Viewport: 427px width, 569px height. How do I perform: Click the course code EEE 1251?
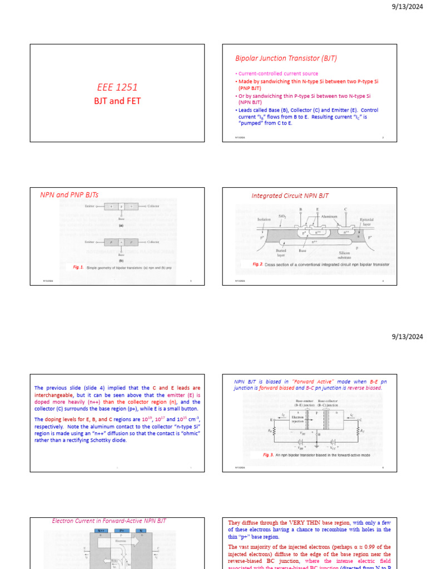tap(117, 87)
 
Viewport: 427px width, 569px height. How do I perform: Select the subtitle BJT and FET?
tap(117, 101)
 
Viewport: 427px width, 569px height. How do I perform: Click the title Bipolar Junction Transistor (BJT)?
tap(286, 58)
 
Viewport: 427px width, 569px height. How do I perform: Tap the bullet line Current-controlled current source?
tap(278, 73)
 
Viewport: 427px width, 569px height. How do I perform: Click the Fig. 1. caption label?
tap(78, 267)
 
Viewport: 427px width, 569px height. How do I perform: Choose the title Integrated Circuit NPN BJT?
tap(290, 196)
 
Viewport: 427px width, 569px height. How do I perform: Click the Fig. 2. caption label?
tap(257, 264)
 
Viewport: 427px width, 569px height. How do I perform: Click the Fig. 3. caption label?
tap(269, 455)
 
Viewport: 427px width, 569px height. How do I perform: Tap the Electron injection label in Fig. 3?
tap(297, 421)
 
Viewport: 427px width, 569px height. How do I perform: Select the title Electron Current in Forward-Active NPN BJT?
tap(109, 521)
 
